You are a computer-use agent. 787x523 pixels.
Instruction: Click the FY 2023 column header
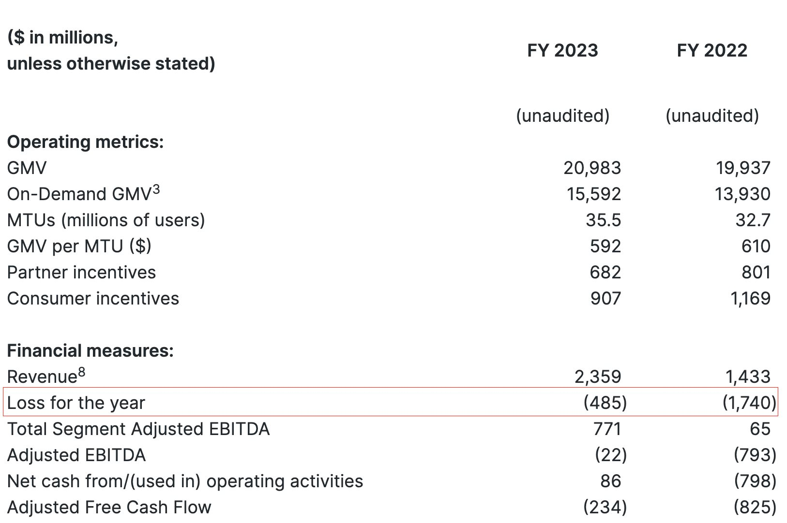562,51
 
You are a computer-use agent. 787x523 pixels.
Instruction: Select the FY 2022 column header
712,51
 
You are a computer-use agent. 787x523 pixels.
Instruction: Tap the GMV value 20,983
592,168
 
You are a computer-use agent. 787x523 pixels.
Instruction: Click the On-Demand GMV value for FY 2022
742,194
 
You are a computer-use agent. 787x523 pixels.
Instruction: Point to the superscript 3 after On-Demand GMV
155,190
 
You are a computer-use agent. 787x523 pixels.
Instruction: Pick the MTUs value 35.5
603,220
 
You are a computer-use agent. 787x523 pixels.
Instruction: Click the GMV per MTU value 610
756,247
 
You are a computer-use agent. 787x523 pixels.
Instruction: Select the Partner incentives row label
81,273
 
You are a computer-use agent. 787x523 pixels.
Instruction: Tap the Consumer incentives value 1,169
750,299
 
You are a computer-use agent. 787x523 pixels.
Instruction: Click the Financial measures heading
90,351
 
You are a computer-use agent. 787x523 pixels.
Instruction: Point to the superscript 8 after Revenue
81,372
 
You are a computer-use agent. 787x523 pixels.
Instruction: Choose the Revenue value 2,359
597,377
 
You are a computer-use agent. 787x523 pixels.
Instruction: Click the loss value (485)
605,403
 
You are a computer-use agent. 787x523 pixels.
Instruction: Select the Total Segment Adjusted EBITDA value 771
607,429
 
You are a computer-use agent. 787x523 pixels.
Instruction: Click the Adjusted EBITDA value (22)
611,455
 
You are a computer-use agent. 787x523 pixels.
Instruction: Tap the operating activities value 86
610,481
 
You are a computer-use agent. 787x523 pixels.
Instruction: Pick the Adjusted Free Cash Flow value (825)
755,508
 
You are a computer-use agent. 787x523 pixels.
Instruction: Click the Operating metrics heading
85,142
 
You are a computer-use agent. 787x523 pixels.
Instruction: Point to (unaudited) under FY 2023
562,116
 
